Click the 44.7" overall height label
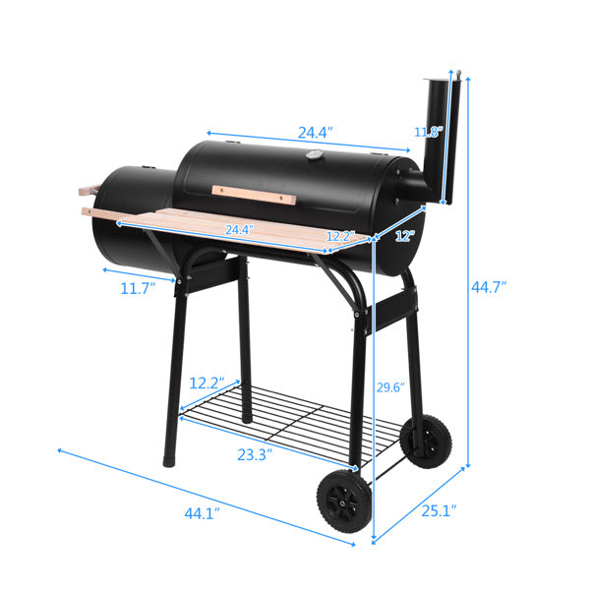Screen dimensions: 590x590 pyautogui.click(x=489, y=288)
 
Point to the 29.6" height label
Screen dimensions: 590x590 pyautogui.click(x=390, y=386)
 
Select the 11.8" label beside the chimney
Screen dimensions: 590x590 pyautogui.click(x=427, y=131)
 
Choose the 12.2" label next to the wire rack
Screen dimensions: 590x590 pyautogui.click(x=207, y=383)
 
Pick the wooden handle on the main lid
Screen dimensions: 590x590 pyautogui.click(x=254, y=194)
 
